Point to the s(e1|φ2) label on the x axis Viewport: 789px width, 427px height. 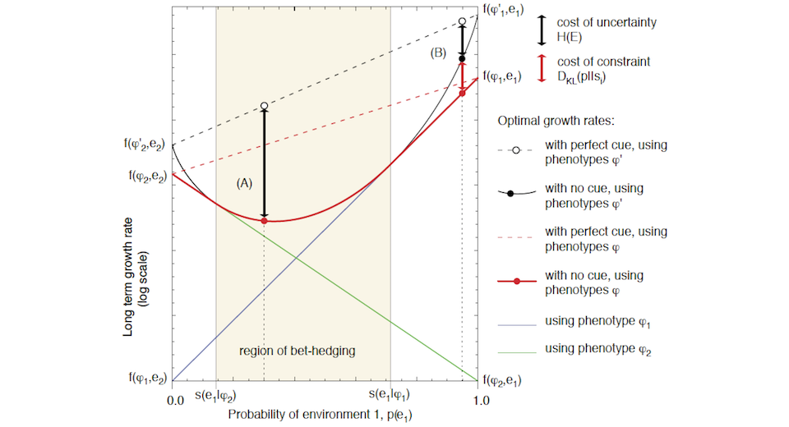[x=215, y=396]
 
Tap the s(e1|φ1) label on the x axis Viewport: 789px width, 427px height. [x=390, y=396]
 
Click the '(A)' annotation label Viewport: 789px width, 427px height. [x=244, y=184]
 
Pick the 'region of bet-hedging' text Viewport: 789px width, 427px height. [x=302, y=351]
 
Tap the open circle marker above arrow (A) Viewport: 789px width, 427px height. [x=264, y=106]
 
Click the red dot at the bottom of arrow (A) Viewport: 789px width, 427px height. [x=264, y=221]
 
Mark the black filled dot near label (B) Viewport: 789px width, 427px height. [x=462, y=58]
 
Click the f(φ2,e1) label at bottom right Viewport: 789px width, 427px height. [x=504, y=380]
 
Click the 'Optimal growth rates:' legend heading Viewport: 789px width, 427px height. [x=555, y=120]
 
